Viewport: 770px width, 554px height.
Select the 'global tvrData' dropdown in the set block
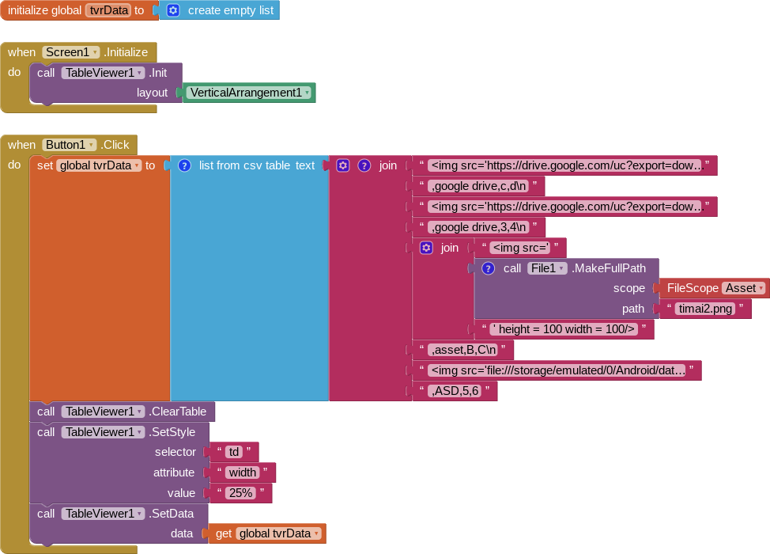coord(99,165)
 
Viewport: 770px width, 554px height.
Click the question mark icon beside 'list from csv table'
coord(184,165)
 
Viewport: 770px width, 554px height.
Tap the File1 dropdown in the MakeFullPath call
coord(548,268)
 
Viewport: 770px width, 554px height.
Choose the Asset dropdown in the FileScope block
coord(744,289)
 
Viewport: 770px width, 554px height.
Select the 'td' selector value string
coord(233,452)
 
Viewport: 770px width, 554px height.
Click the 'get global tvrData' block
coord(267,533)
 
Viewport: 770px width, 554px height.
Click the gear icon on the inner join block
coord(426,248)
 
